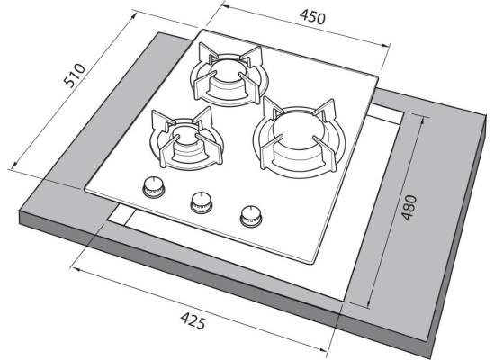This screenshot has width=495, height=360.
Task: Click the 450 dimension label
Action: pyautogui.click(x=312, y=17)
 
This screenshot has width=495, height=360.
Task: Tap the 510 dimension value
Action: pyautogui.click(x=75, y=76)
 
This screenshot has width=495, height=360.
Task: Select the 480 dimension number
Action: pyautogui.click(x=409, y=208)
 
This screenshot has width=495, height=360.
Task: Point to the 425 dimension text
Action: pyautogui.click(x=193, y=320)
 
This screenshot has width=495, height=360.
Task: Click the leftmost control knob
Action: pyautogui.click(x=154, y=186)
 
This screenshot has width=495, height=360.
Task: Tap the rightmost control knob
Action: pyautogui.click(x=251, y=216)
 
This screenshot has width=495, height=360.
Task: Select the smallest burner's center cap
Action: pyautogui.click(x=187, y=136)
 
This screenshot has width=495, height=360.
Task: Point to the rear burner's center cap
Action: pyautogui.click(x=228, y=70)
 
